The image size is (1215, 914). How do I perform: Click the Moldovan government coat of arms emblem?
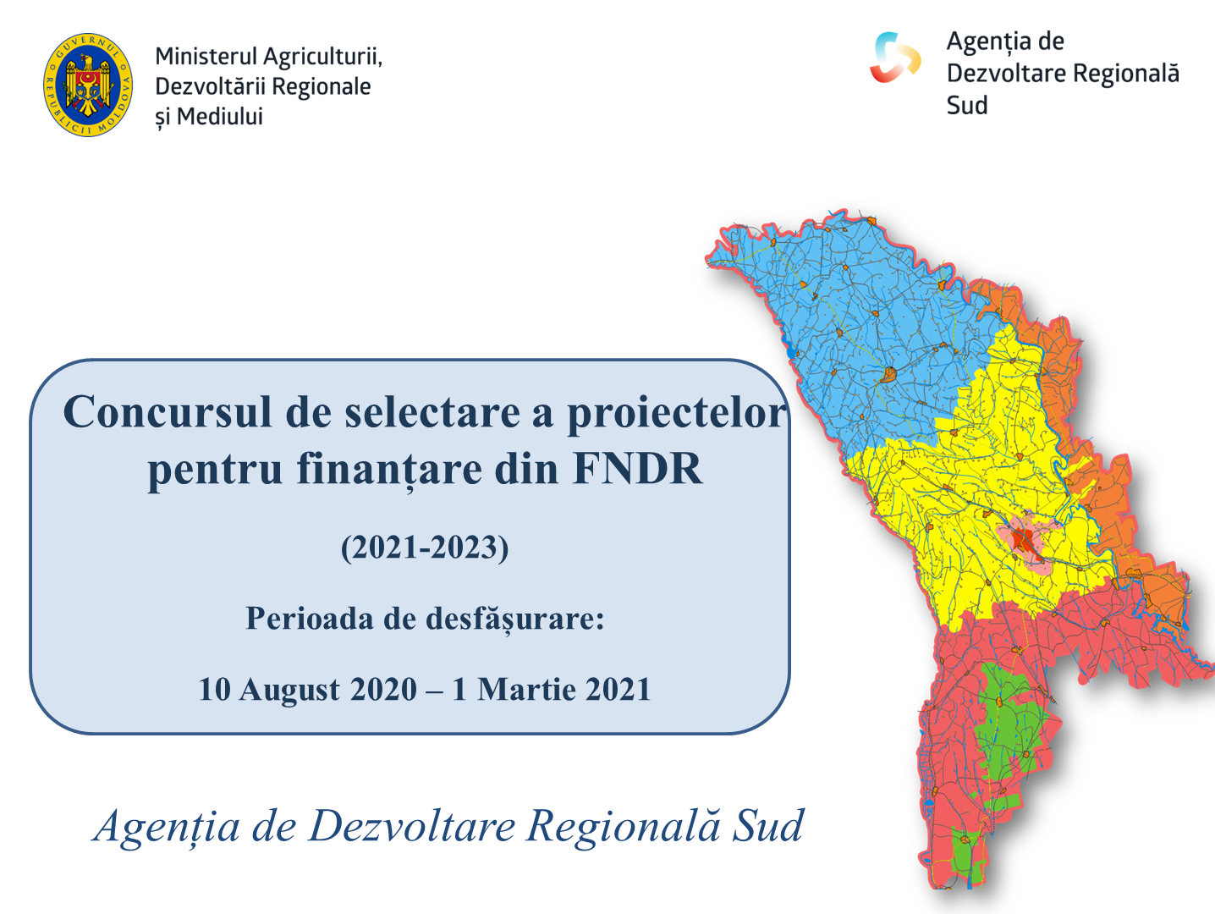click(88, 85)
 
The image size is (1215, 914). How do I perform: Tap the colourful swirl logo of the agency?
click(895, 58)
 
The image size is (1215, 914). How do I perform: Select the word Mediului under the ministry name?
click(220, 117)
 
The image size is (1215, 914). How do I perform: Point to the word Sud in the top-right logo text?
click(967, 105)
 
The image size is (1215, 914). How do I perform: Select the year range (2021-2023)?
click(425, 548)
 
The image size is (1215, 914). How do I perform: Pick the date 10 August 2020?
click(308, 689)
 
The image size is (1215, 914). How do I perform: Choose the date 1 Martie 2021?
click(552, 689)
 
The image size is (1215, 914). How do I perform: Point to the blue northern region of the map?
click(864, 332)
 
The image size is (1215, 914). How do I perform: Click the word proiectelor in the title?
click(677, 413)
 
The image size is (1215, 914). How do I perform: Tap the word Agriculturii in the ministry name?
click(322, 58)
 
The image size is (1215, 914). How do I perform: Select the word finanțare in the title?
click(388, 470)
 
